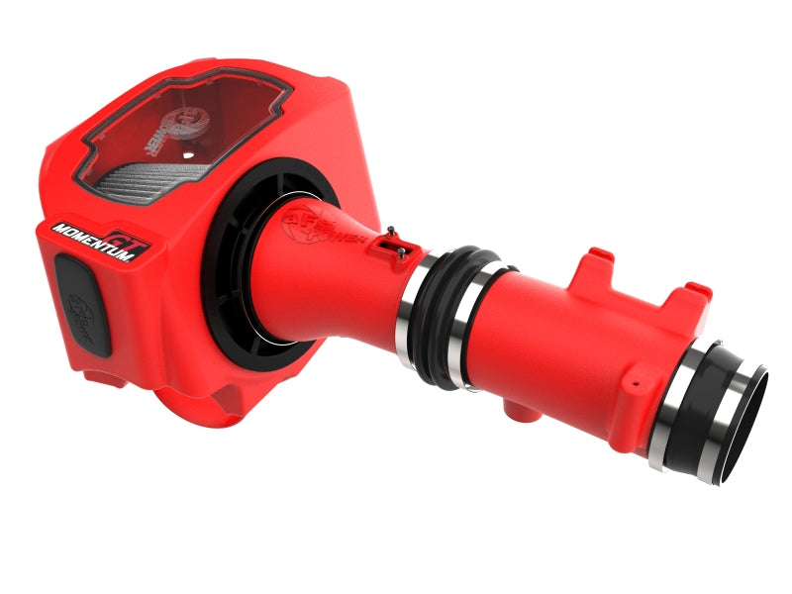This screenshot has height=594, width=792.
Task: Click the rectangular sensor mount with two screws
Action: [x=395, y=244]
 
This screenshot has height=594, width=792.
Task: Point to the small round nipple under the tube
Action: [x=513, y=406]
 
